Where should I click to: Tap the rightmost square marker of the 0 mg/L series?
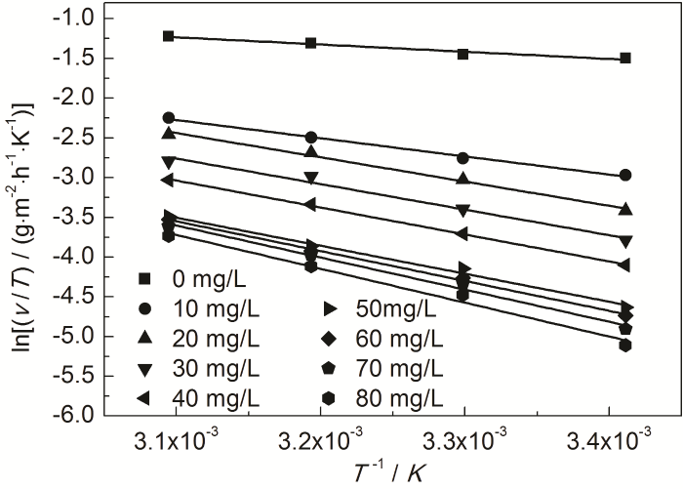(x=625, y=58)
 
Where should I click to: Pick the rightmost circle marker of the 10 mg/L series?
(x=625, y=175)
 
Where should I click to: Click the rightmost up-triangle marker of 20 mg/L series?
(x=625, y=209)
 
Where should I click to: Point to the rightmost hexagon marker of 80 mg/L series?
(x=625, y=345)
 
